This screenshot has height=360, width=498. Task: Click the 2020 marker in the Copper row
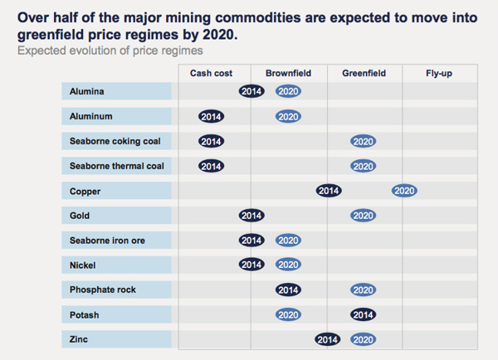click(x=404, y=191)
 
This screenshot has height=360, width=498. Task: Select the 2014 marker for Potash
click(x=363, y=315)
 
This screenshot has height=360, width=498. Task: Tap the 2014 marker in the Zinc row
click(x=328, y=340)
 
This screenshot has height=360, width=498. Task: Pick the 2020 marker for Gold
click(x=363, y=216)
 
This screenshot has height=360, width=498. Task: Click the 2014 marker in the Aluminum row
click(x=212, y=116)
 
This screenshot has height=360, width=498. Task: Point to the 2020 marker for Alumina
click(x=288, y=91)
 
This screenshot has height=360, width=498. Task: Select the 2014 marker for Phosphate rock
click(x=288, y=290)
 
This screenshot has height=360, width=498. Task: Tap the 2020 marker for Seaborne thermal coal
click(x=363, y=166)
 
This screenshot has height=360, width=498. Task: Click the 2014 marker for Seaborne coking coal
click(x=212, y=141)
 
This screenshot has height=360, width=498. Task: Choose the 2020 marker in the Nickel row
click(x=288, y=265)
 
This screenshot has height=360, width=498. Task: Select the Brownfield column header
click(x=288, y=73)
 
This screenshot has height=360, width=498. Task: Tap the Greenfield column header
click(x=364, y=73)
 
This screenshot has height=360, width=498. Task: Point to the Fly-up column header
click(x=439, y=73)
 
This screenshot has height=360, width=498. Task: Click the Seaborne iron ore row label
click(x=108, y=241)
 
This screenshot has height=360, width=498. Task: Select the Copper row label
click(x=86, y=191)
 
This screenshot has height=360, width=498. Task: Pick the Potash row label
click(x=85, y=315)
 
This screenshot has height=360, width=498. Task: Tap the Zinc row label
click(x=81, y=340)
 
